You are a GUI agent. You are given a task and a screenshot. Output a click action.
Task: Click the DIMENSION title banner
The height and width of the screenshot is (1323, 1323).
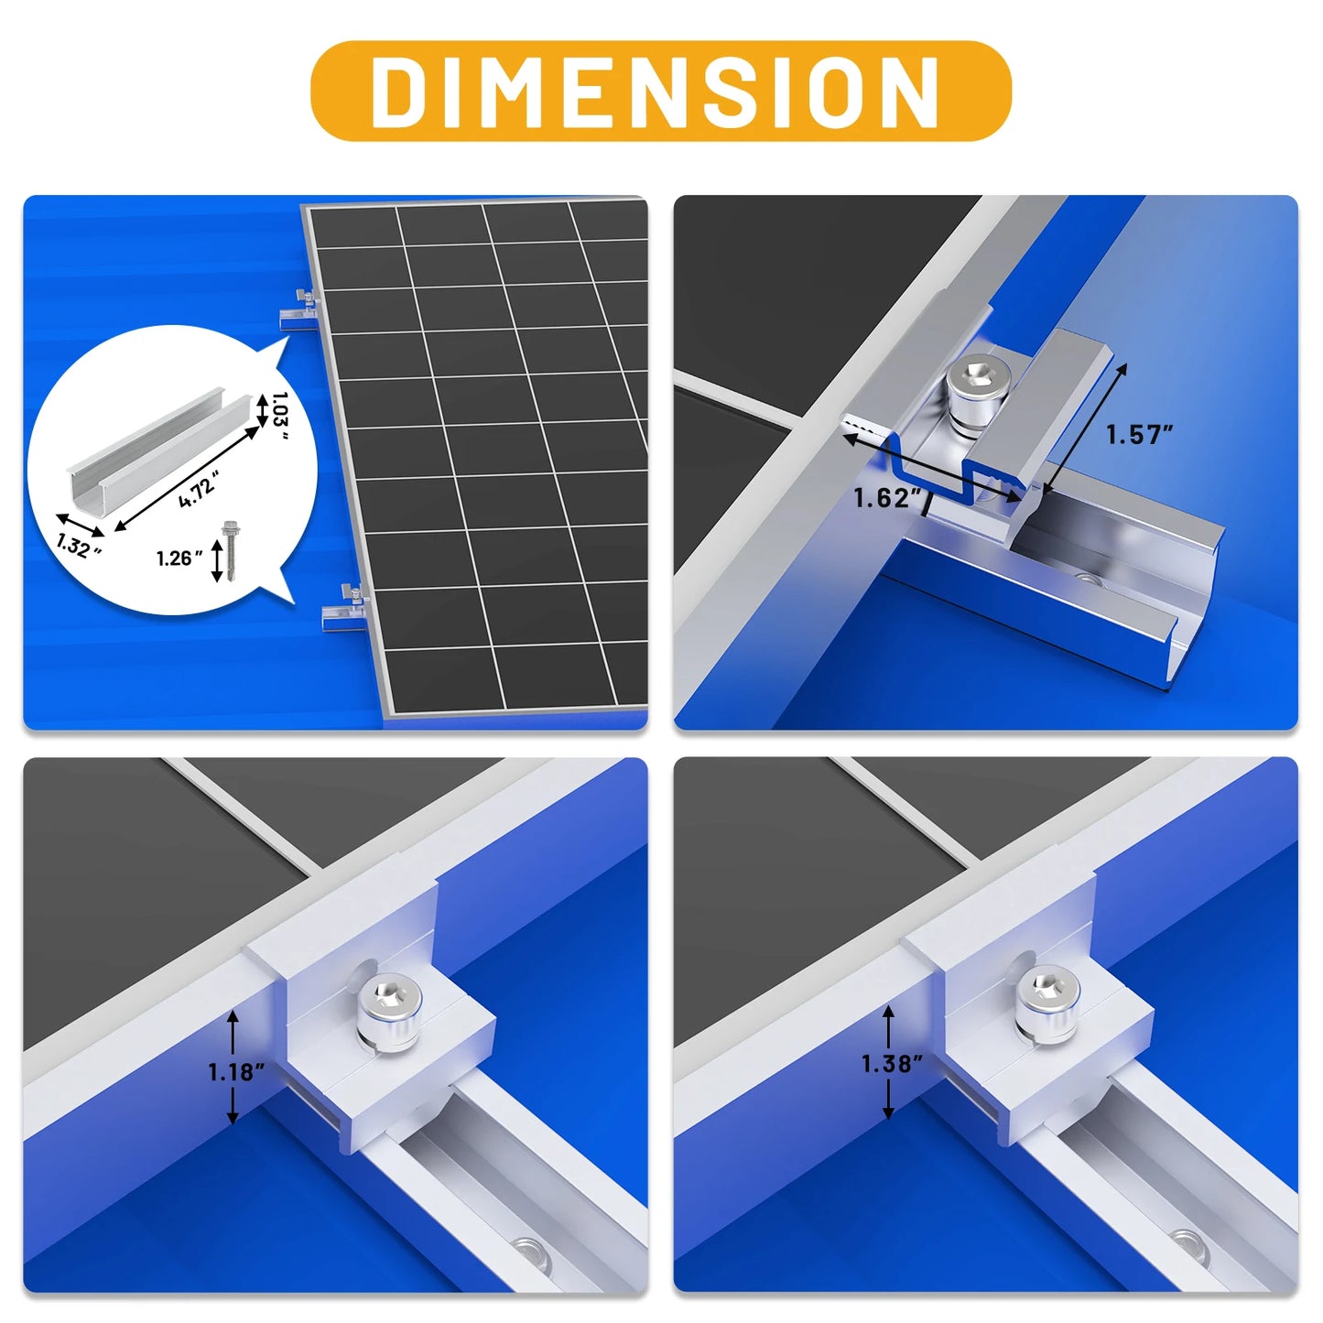(660, 91)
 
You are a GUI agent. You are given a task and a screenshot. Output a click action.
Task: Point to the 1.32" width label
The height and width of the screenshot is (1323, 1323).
(78, 546)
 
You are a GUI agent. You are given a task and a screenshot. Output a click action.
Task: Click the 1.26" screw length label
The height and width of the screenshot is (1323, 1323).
(179, 558)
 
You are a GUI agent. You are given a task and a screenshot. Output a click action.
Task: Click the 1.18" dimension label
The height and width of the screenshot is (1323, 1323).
(236, 1071)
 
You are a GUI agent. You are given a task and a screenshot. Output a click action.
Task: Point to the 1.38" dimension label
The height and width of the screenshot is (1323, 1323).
(892, 1063)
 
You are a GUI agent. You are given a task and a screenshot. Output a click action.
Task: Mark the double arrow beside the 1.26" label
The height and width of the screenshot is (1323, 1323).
(217, 560)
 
